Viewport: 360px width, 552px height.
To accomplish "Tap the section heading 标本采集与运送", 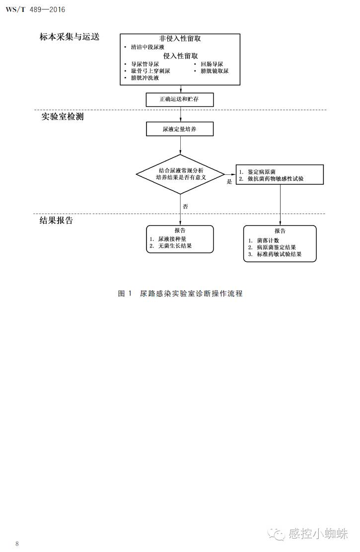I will (x=70, y=37).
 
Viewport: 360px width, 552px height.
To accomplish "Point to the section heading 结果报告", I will (x=56, y=221).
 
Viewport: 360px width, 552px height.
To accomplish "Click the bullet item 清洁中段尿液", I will (x=148, y=47).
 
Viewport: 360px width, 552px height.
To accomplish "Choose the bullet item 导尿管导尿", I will (x=144, y=64).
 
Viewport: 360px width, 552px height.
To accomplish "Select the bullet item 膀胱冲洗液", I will (x=144, y=78).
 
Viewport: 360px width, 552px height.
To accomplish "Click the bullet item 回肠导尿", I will (x=212, y=64).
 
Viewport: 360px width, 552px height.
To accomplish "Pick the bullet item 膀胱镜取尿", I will (x=215, y=71).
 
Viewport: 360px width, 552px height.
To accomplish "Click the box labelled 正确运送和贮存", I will (x=180, y=99).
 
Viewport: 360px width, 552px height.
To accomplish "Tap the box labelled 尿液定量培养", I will (x=180, y=129).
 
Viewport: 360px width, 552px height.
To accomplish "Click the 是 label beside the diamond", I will (x=229, y=182).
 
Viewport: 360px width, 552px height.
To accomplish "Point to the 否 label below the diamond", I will (x=185, y=206).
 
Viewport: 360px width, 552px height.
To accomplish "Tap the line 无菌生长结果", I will (x=174, y=246).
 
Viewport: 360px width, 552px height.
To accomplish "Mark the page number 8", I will (x=17, y=544).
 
